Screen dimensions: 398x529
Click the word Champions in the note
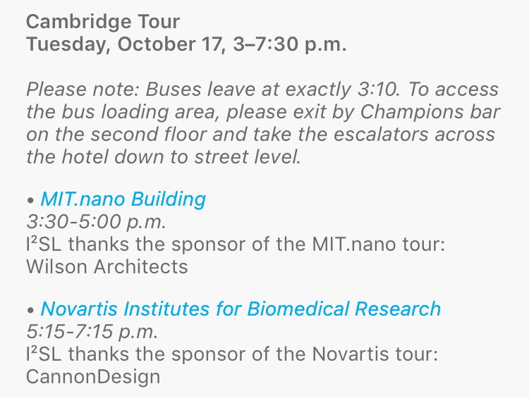[x=396, y=112]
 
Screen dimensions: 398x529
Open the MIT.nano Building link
[x=123, y=199]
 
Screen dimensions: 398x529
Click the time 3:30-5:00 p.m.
[x=96, y=221]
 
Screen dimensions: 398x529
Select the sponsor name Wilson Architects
[x=107, y=266]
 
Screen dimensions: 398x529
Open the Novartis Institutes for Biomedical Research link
[x=241, y=309]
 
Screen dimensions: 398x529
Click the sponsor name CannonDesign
[x=92, y=376]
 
